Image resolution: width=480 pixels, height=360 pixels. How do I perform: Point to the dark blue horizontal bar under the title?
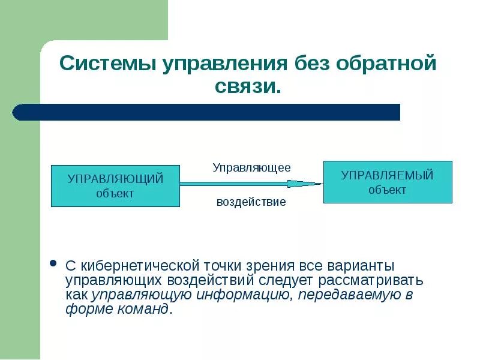click(x=207, y=112)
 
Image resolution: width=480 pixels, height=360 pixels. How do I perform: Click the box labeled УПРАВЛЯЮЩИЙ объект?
click(x=115, y=186)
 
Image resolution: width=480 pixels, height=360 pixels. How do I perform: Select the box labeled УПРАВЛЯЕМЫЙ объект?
click(x=388, y=182)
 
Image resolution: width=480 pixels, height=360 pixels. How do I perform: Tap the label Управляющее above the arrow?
click(x=251, y=167)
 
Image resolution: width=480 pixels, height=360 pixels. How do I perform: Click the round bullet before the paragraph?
click(x=53, y=264)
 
